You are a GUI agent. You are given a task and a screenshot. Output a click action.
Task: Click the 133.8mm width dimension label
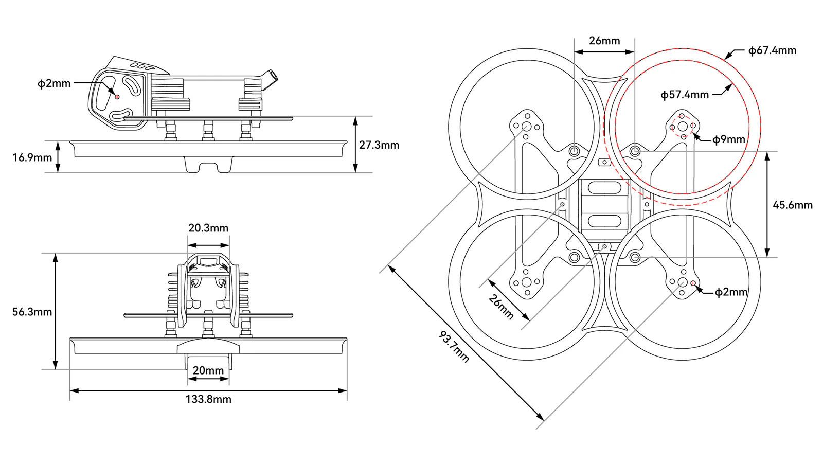pyautogui.click(x=208, y=399)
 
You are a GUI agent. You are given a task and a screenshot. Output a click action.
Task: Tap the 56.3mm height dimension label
pyautogui.click(x=32, y=312)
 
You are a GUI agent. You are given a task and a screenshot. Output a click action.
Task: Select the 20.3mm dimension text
pyautogui.click(x=208, y=228)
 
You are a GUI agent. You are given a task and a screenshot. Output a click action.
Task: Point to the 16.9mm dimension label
pyautogui.click(x=32, y=157)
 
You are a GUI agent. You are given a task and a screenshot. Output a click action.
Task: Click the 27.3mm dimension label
pyautogui.click(x=379, y=145)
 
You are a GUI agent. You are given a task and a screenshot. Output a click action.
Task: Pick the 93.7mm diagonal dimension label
pyautogui.click(x=454, y=347)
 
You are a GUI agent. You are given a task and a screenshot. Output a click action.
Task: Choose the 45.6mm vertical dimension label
pyautogui.click(x=793, y=205)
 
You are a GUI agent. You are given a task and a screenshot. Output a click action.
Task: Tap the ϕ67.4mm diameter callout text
pyautogui.click(x=772, y=50)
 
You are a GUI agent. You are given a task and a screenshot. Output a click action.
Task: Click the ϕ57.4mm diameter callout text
pyautogui.click(x=685, y=95)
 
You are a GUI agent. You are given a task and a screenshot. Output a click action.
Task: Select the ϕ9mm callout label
pyautogui.click(x=728, y=139)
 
